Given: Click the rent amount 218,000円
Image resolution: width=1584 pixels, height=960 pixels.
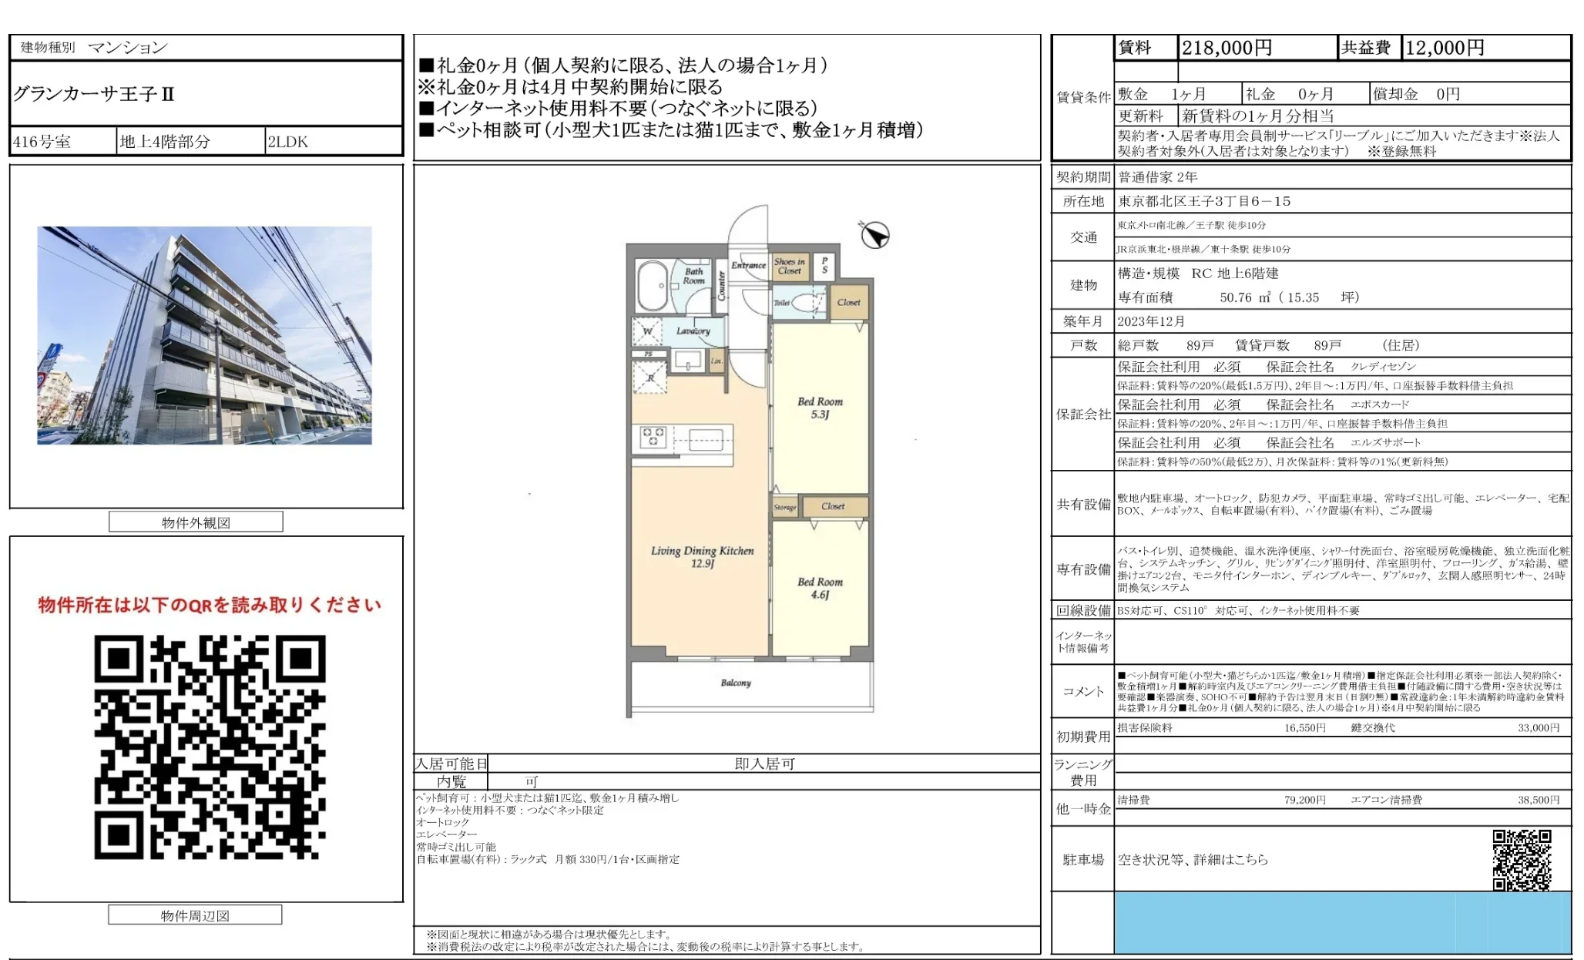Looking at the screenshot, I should (x=1227, y=48).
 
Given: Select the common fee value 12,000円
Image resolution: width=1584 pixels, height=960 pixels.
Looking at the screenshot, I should (x=1445, y=48).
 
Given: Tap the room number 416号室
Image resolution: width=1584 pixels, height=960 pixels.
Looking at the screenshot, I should (x=42, y=142).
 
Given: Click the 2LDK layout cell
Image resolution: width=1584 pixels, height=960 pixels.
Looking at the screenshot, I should (x=287, y=142).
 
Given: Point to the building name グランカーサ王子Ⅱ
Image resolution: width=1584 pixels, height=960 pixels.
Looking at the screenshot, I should (x=94, y=94).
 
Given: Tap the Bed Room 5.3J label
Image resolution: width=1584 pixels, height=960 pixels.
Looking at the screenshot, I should (x=820, y=408).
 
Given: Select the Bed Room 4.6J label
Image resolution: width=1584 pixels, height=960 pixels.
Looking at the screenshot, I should (x=820, y=588).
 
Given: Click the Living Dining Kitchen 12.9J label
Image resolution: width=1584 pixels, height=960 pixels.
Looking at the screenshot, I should (x=702, y=556).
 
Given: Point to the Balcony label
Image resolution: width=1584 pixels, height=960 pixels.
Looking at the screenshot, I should (x=735, y=683).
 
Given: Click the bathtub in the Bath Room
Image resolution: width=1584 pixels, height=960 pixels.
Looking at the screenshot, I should (x=653, y=284).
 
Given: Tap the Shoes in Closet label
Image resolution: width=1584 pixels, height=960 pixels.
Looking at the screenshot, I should (x=790, y=266).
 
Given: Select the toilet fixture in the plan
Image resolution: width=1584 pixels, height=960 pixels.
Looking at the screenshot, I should (x=807, y=303).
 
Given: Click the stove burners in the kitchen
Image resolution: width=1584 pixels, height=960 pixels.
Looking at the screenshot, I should (x=653, y=437).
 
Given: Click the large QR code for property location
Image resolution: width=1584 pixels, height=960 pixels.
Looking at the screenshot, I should (x=210, y=747).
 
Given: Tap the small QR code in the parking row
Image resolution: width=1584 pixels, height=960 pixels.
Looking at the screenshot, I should (x=1521, y=859).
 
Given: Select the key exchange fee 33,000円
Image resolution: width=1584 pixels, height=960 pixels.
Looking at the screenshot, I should (x=1538, y=727).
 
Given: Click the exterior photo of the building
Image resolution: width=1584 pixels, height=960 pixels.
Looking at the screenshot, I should (x=204, y=335).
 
